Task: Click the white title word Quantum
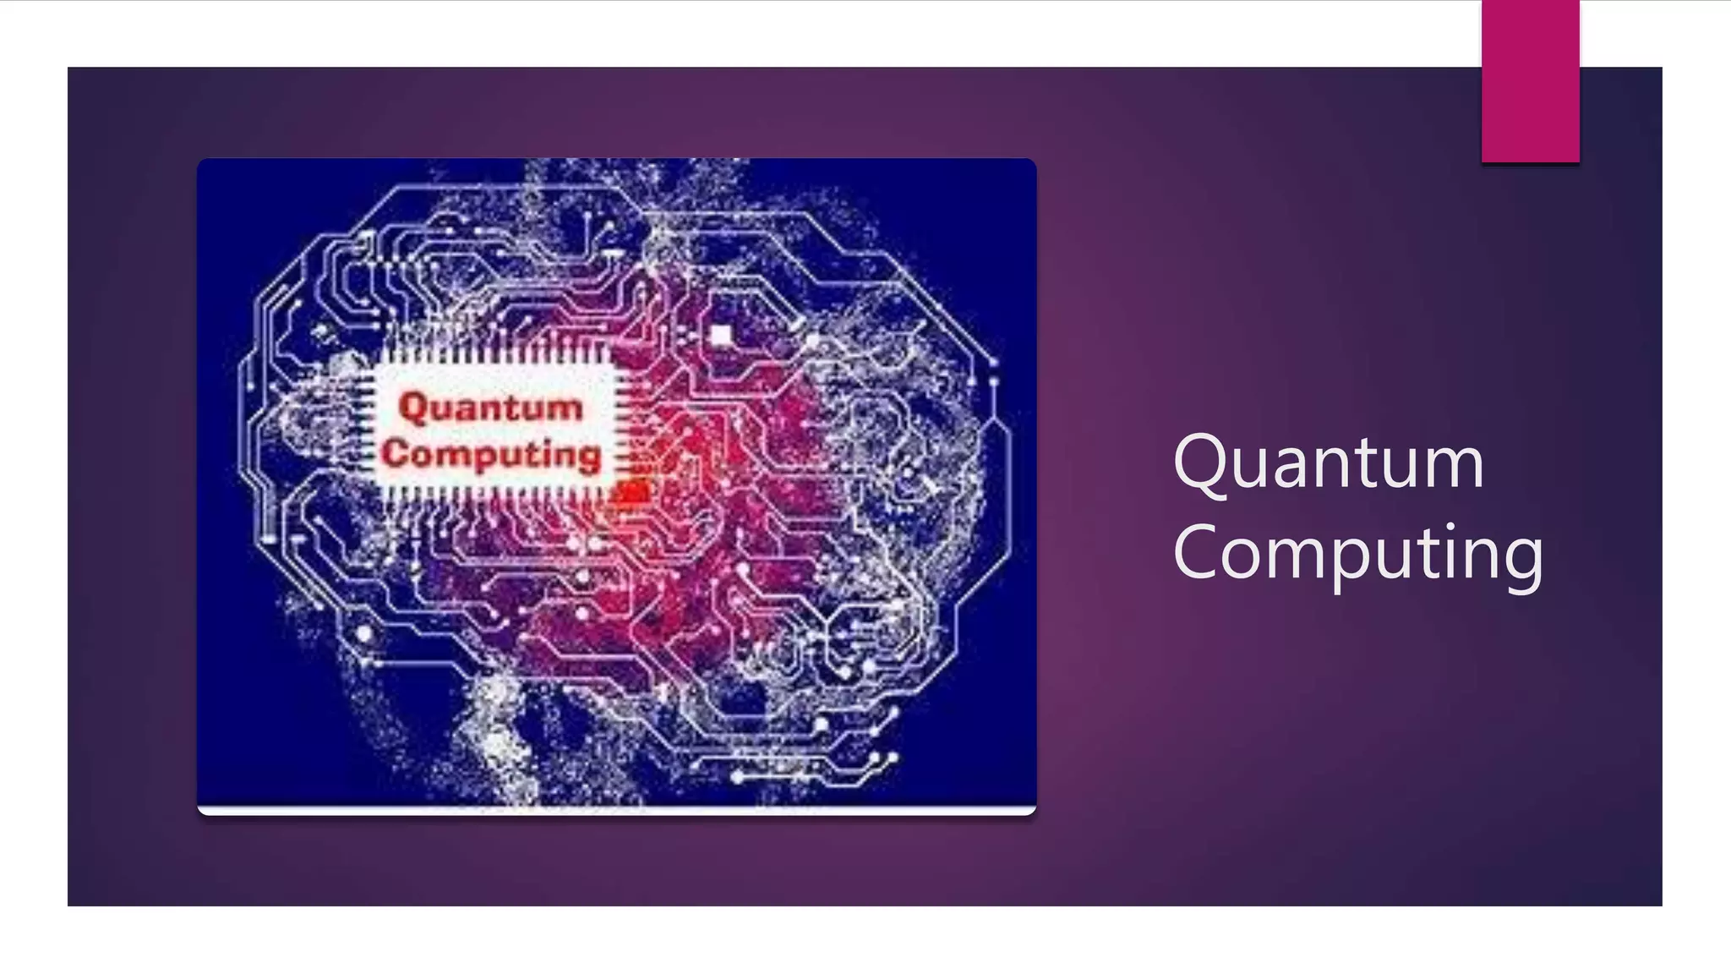[1328, 463]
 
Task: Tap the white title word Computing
[1357, 553]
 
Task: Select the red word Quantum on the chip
[491, 408]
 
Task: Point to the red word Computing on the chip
[491, 454]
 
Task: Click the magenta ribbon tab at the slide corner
[1530, 81]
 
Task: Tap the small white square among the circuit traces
[721, 336]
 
